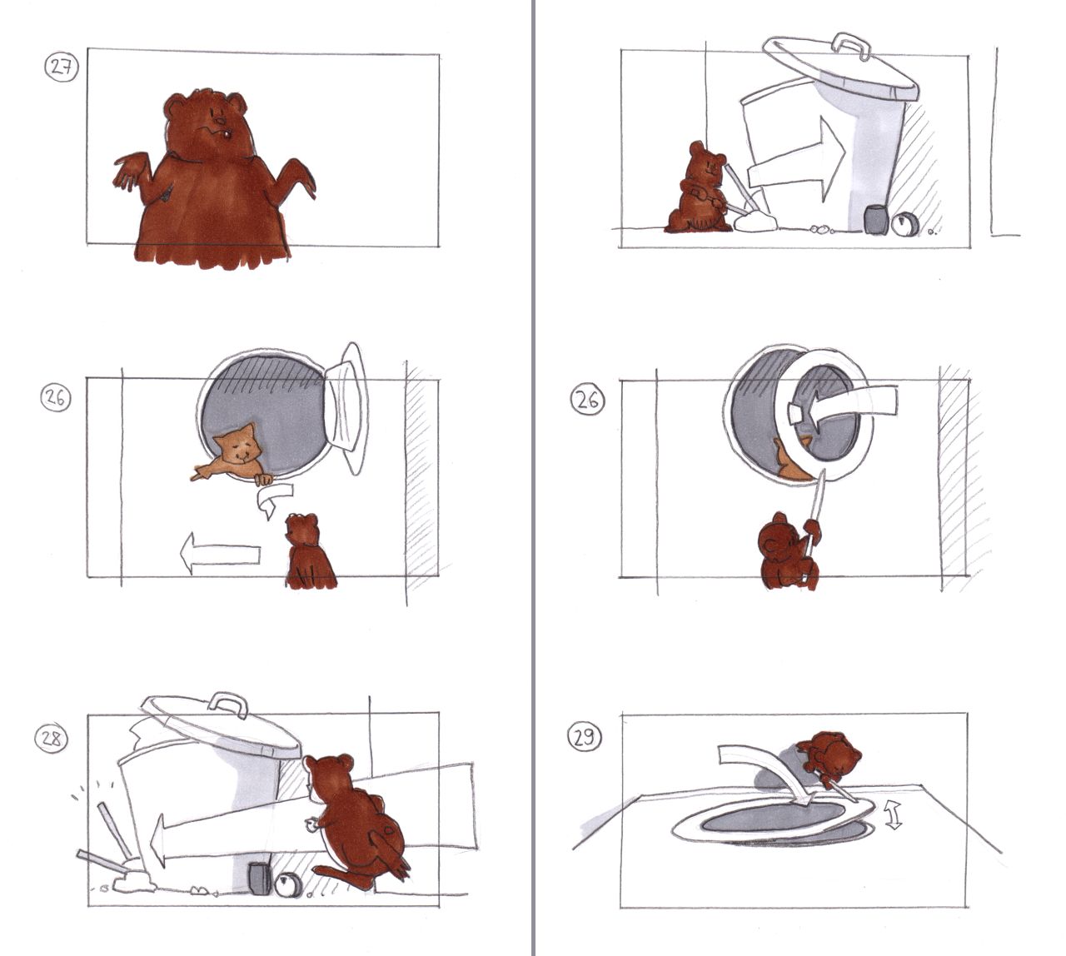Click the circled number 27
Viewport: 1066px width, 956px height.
point(62,69)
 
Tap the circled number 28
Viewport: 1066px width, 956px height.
point(51,739)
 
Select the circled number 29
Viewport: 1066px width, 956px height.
point(585,738)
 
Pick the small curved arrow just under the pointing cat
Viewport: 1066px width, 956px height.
point(274,499)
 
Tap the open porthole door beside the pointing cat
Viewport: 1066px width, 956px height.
point(345,408)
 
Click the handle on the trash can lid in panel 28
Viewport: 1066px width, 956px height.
point(228,705)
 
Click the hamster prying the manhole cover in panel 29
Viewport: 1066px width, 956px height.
point(828,758)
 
